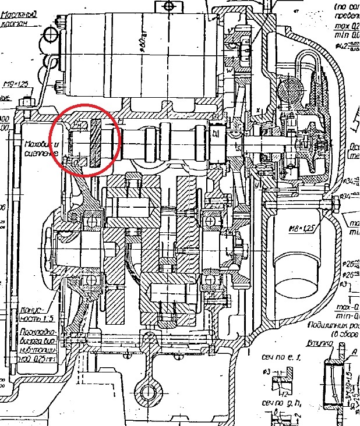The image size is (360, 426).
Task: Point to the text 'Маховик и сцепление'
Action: pyautogui.click(x=41, y=148)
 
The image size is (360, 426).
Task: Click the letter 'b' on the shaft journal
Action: pyautogui.click(x=216, y=134)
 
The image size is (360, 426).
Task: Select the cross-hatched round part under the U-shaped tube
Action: pyautogui.click(x=289, y=94)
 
